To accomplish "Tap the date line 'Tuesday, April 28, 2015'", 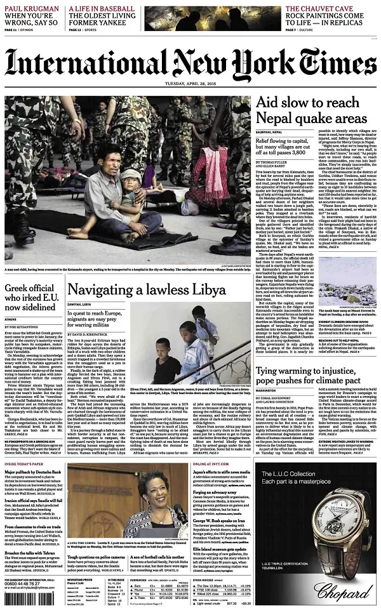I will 190,88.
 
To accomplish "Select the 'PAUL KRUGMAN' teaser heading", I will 32,7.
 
